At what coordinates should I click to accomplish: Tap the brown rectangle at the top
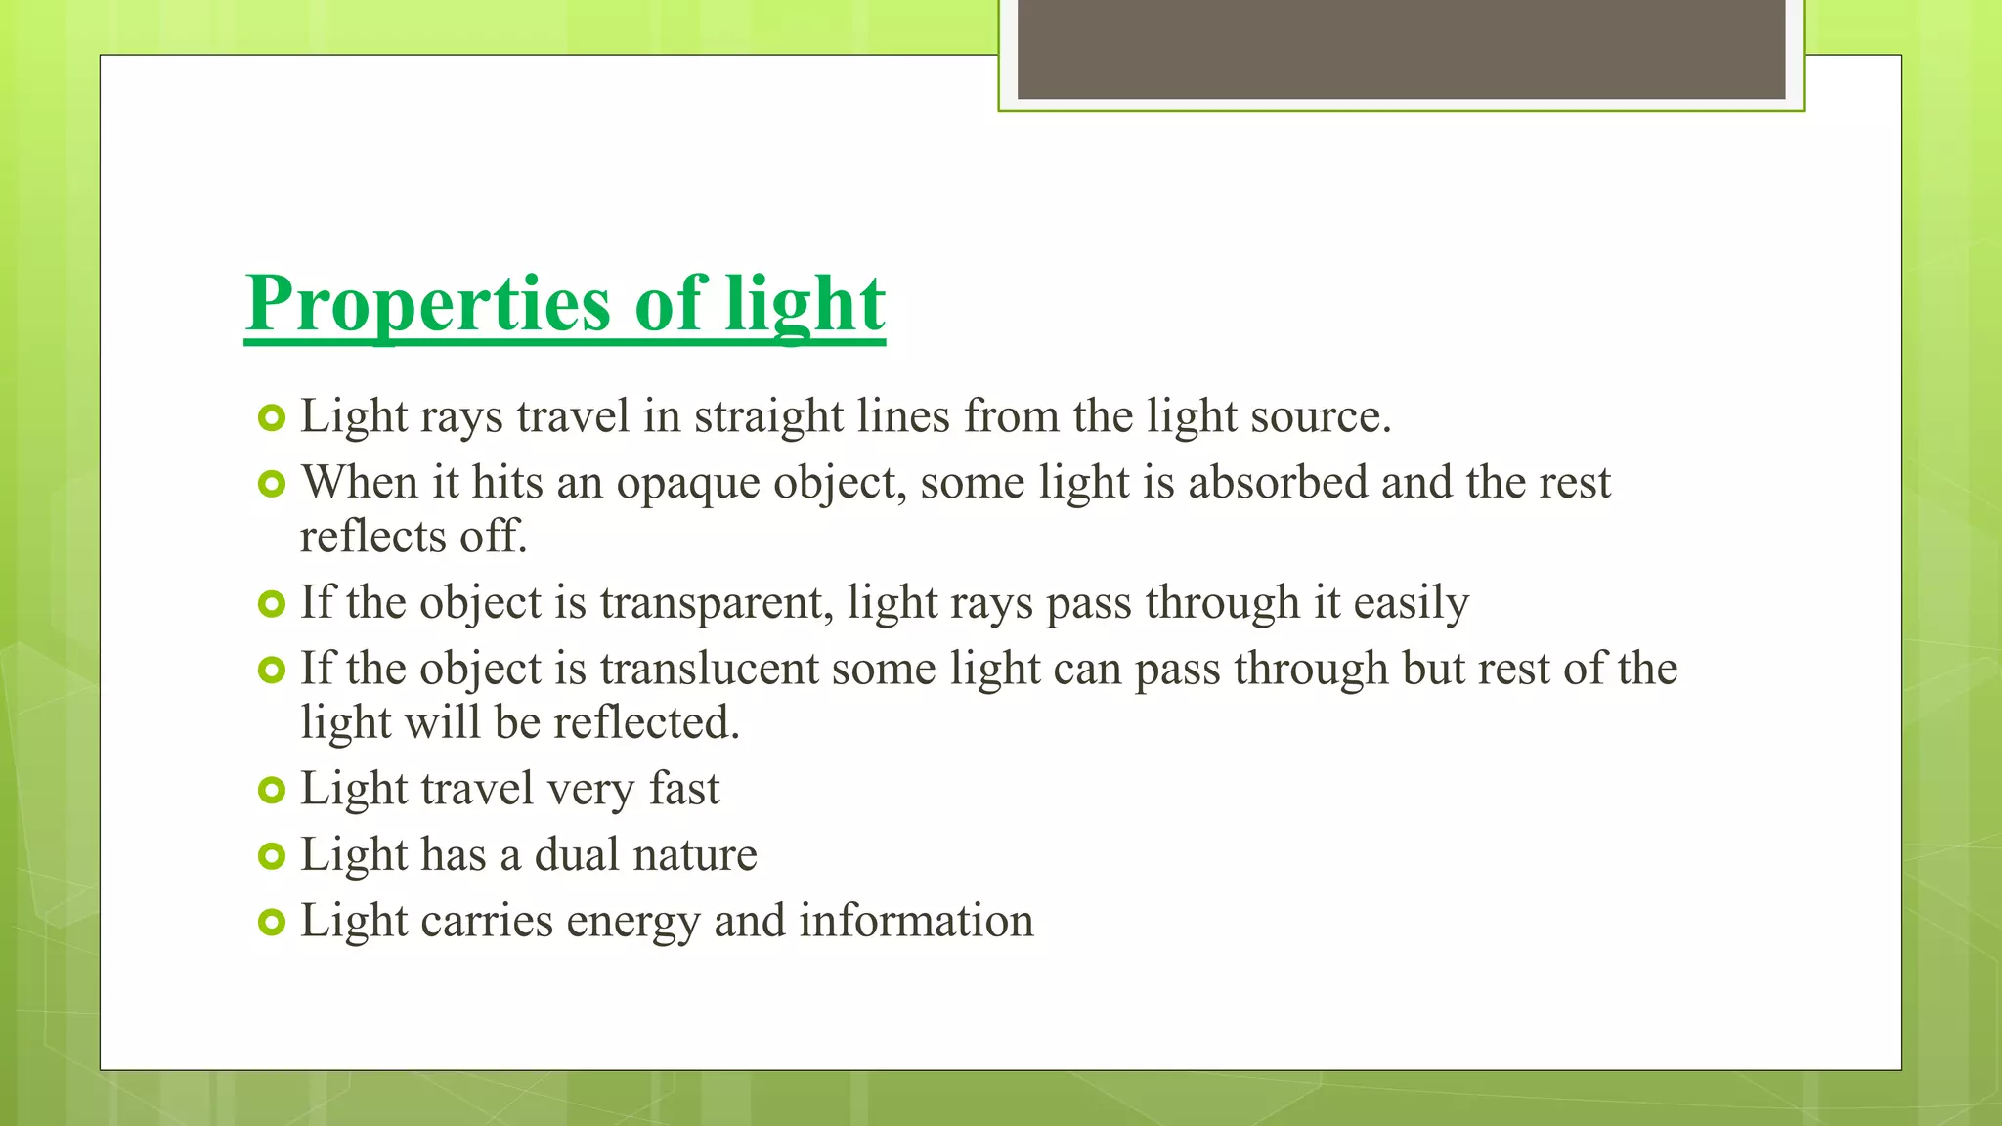1401,49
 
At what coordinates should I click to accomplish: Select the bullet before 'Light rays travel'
271,418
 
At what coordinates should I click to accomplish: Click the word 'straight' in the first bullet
768,417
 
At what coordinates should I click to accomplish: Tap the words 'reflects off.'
413,537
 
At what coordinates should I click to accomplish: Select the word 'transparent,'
717,603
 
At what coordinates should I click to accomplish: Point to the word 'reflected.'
646,723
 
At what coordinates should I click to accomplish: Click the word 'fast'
684,789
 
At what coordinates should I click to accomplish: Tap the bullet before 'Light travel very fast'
271,790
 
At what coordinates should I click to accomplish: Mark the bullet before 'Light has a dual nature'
271,856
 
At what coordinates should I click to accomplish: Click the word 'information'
916,921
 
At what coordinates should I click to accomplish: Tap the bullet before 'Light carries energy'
271,922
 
